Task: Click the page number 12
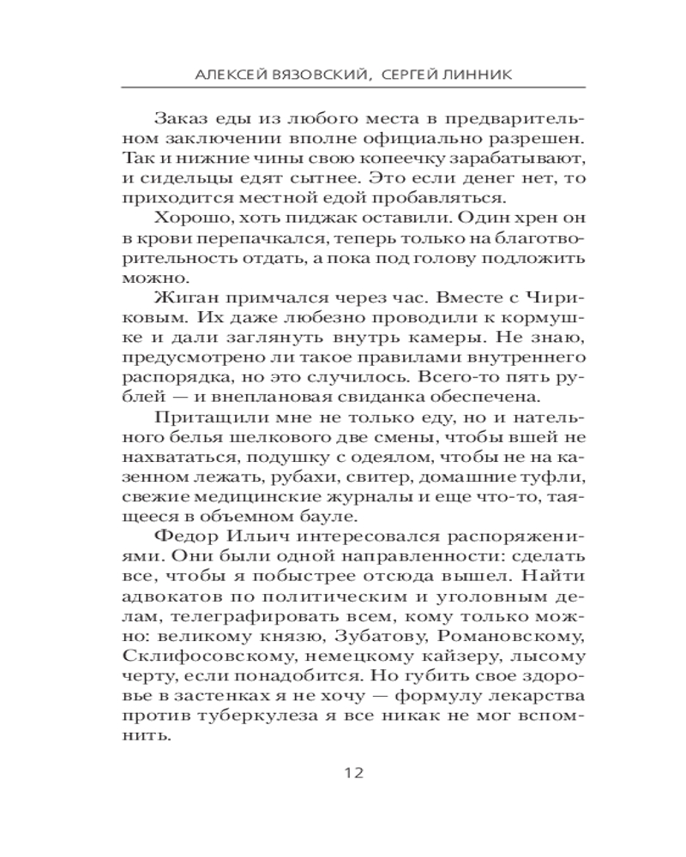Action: click(x=354, y=772)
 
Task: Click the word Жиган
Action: click(x=177, y=297)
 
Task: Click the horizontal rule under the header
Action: click(x=354, y=87)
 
